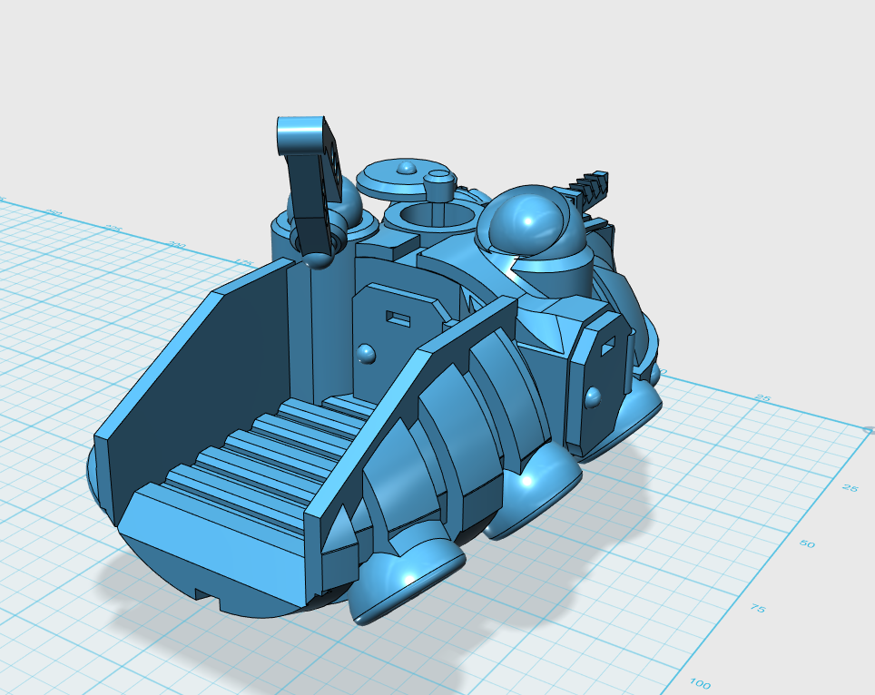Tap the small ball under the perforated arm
pos(317,260)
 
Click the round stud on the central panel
pos(366,353)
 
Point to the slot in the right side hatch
pos(607,345)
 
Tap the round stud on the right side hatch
pos(594,396)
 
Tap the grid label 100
pos(700,683)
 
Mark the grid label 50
pos(806,544)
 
